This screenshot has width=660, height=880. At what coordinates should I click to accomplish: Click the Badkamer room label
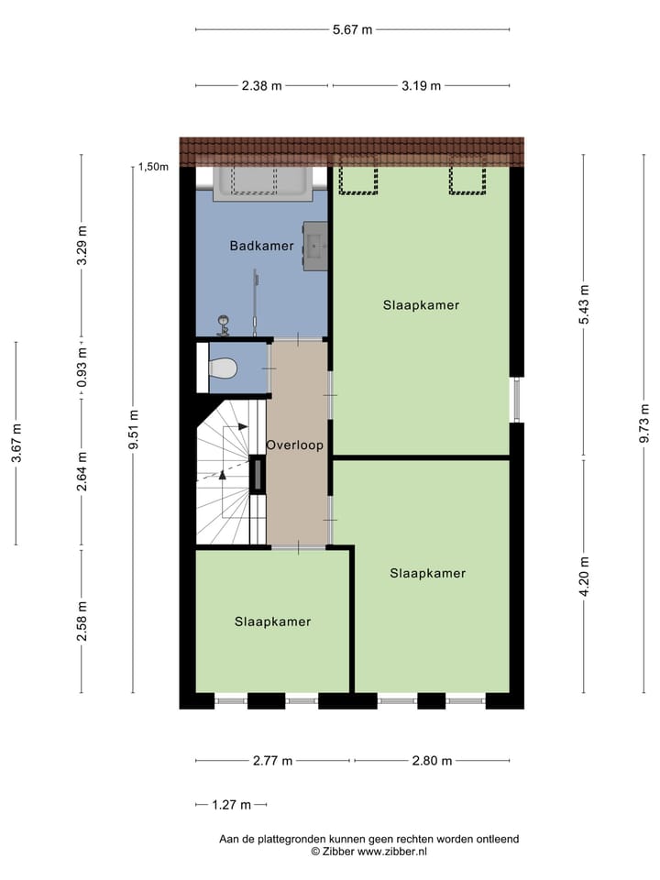pos(261,246)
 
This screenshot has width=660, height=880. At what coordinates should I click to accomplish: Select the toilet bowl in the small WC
pos(223,368)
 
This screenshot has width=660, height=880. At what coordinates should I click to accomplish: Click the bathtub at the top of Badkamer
pos(262,182)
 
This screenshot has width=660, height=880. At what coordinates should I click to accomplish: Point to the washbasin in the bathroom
pos(316,245)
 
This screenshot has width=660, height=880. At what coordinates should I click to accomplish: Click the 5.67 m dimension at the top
pos(353,29)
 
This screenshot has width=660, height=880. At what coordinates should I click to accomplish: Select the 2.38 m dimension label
pos(261,86)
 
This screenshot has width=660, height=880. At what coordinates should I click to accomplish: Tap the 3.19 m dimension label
pos(421,86)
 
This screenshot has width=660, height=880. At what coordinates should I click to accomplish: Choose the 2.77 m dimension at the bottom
pos(272,760)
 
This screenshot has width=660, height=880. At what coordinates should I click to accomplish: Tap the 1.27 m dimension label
pos(231,805)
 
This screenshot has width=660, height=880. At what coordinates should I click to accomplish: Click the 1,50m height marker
pos(153,167)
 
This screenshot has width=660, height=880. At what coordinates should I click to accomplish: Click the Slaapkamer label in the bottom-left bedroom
pos(272,621)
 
